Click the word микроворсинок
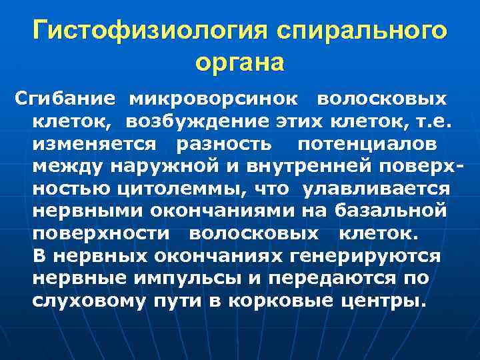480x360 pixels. pos(213,99)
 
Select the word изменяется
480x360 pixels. pos(93,144)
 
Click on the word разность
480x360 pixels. pos(224,144)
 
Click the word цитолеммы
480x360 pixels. pos(180,189)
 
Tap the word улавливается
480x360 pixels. pos(376,189)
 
